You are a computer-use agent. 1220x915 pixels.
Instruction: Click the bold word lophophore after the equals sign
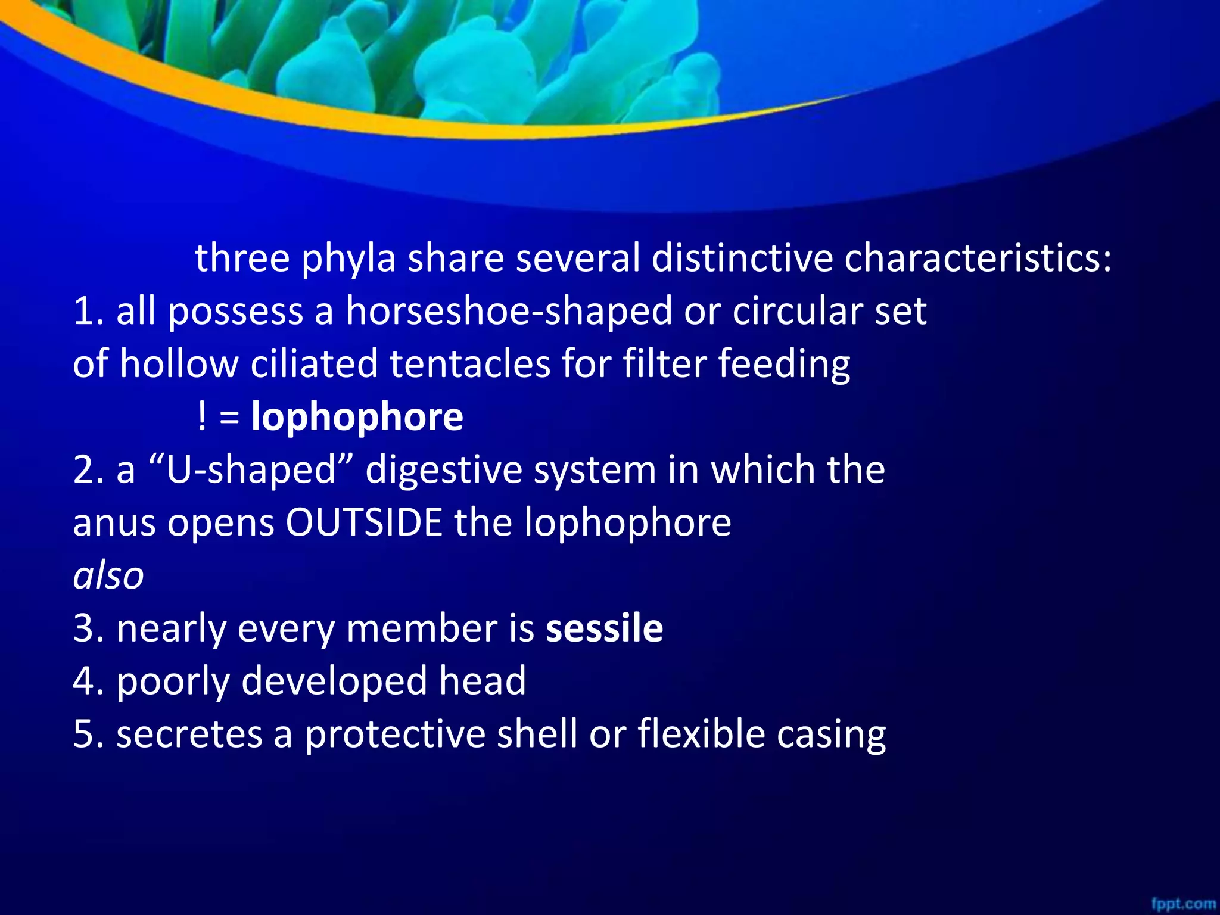(x=357, y=416)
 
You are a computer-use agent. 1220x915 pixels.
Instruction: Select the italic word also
(x=108, y=576)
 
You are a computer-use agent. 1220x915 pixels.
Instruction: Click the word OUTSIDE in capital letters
(x=363, y=522)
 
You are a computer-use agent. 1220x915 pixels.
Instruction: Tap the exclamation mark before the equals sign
(x=202, y=416)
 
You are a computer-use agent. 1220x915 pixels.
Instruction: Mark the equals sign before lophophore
(x=229, y=416)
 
